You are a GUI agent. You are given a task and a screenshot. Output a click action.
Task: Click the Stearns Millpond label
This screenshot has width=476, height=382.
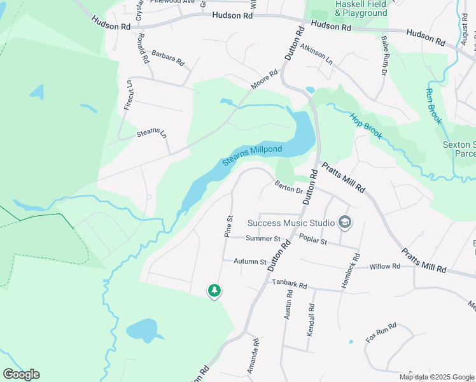(252, 155)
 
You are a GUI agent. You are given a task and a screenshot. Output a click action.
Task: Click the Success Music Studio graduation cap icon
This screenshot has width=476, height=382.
(346, 222)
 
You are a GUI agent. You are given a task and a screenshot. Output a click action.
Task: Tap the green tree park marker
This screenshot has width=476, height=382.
(214, 291)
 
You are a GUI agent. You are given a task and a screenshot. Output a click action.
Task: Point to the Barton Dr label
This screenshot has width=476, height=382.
(289, 188)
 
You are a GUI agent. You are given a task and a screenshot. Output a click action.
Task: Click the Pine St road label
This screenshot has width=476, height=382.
(229, 226)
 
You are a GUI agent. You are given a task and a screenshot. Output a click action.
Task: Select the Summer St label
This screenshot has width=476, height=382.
(263, 239)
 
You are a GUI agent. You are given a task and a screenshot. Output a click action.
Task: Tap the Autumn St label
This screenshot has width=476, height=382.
(249, 261)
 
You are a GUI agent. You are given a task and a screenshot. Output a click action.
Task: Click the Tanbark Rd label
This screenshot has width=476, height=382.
(290, 284)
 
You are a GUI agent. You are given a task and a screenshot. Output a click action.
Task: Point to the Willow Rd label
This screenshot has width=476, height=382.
(386, 267)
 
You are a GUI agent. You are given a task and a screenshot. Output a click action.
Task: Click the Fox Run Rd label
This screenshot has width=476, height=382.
(381, 333)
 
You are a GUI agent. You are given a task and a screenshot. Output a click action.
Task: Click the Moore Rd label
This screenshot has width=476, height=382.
(264, 79)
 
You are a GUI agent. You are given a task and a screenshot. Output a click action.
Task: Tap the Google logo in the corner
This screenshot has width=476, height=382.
(21, 374)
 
